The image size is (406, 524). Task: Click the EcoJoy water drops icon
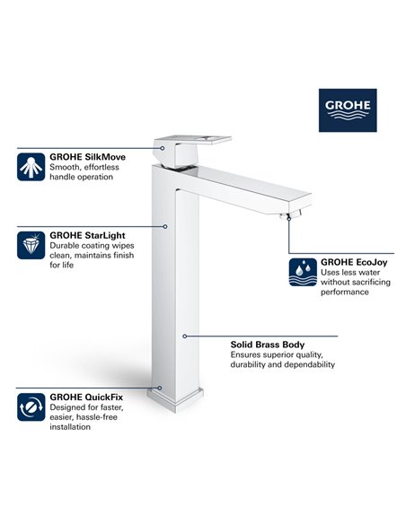301,272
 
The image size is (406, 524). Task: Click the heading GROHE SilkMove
88,156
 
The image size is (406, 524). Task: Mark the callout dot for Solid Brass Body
183,336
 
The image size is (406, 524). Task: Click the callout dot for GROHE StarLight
165,225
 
